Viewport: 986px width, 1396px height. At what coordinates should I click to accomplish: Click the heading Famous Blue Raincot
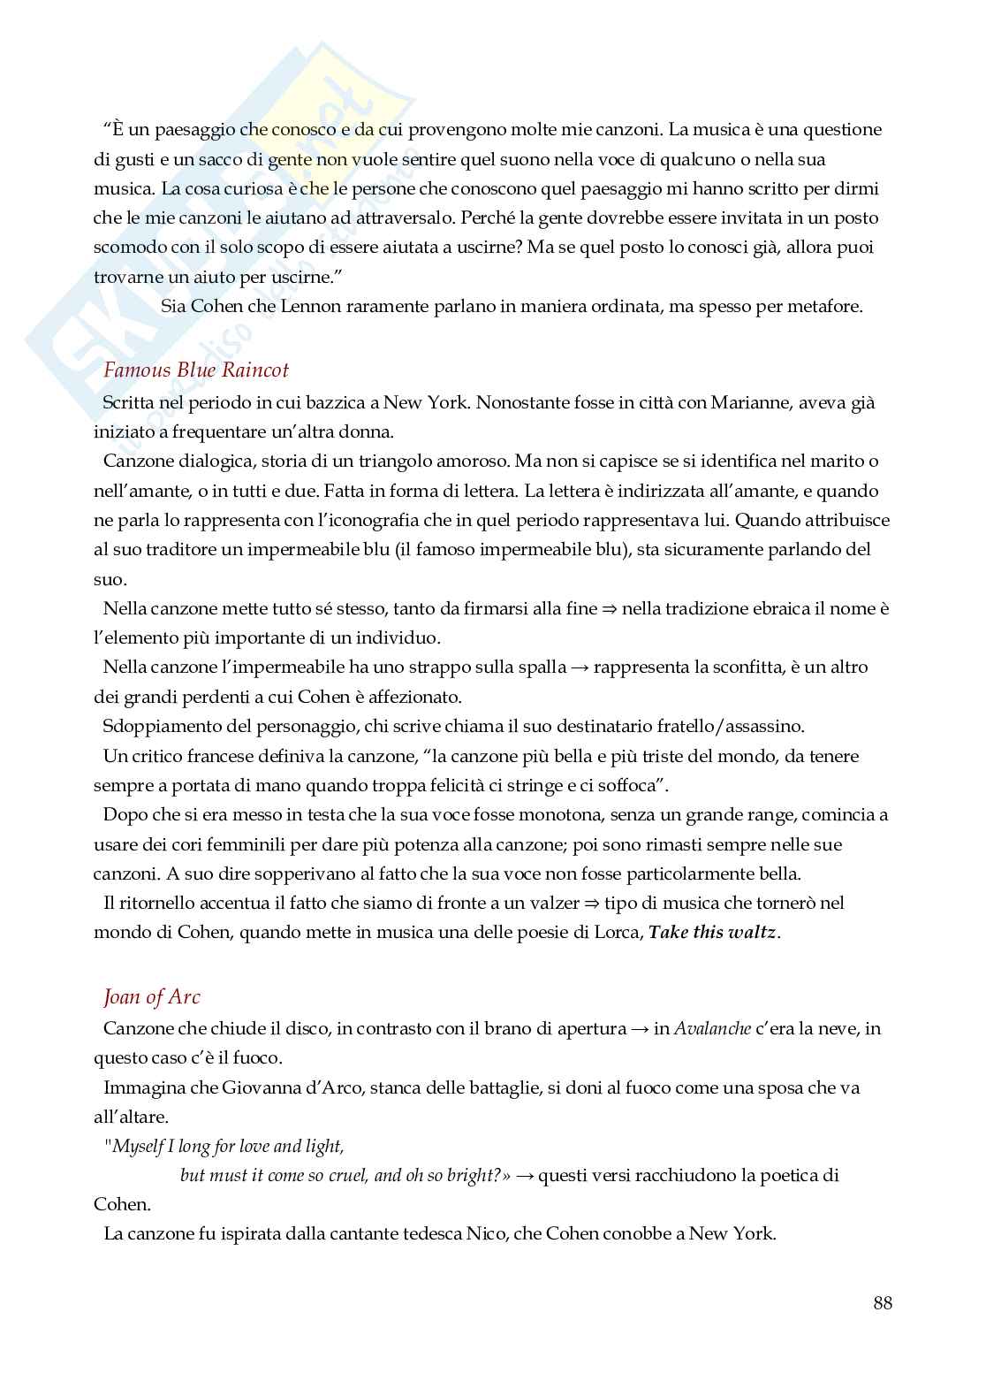(x=196, y=370)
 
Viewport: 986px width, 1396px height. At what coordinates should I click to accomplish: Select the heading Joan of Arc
(x=152, y=996)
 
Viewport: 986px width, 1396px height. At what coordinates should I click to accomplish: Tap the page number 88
(x=883, y=1302)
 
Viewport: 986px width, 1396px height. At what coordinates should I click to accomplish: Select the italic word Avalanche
(x=712, y=1028)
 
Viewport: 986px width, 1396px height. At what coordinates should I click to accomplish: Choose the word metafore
(x=825, y=307)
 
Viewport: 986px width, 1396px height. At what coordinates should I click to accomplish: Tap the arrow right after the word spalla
(x=580, y=667)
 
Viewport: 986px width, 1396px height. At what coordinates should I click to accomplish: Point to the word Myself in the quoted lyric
(x=140, y=1147)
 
